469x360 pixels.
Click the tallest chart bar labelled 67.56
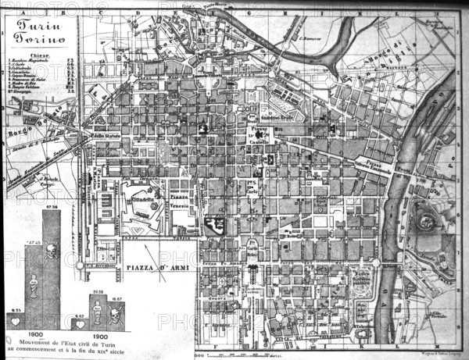[52, 258]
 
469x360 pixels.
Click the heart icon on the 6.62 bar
[79, 320]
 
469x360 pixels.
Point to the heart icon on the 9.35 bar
[15, 320]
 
